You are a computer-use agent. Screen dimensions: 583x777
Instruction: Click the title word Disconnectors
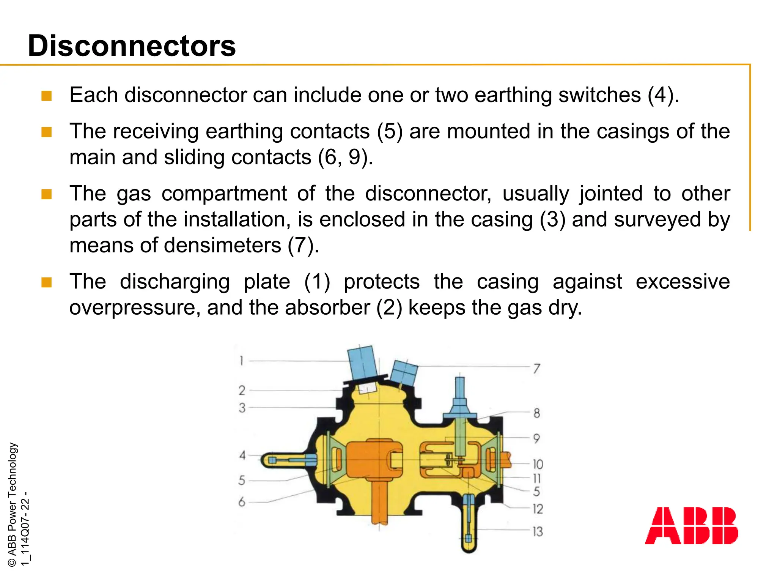[x=132, y=46]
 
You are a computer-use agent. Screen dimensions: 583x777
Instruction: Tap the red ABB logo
[x=691, y=526]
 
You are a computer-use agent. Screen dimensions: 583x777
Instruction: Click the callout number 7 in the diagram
[x=536, y=369]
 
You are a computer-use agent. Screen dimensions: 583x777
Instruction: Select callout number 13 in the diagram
[x=538, y=531]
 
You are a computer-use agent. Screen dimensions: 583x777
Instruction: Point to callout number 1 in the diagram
[x=241, y=360]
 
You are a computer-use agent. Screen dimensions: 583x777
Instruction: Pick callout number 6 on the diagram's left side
[x=242, y=502]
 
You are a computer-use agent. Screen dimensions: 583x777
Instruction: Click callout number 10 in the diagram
[x=538, y=464]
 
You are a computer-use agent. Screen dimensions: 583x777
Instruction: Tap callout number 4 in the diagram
[x=242, y=455]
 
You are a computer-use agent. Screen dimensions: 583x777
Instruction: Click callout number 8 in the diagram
[x=536, y=413]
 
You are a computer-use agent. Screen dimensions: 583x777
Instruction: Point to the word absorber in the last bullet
[x=327, y=307]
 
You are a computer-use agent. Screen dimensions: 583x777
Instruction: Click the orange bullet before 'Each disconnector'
[x=46, y=96]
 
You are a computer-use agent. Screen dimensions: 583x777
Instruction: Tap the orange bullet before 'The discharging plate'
[x=46, y=282]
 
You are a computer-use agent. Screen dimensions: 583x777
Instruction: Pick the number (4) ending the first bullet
[x=662, y=95]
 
